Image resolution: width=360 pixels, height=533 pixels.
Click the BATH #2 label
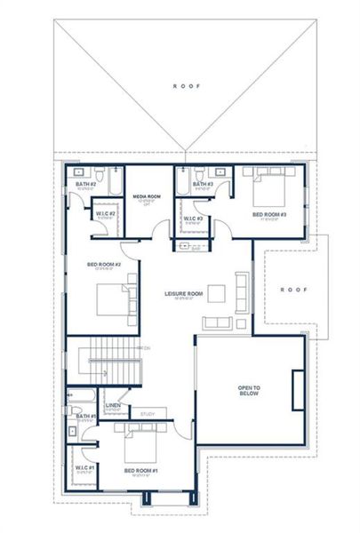point(85,184)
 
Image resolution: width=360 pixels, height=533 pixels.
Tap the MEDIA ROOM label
point(146,195)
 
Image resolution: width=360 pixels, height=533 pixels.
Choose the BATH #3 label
point(204,184)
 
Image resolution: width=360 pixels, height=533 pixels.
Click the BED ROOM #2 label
point(104,264)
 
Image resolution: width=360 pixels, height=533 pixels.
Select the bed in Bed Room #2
point(111,298)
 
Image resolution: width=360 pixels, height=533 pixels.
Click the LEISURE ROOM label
point(184,293)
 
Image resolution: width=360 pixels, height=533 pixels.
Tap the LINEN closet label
point(112,405)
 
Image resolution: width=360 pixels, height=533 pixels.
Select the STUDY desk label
point(148,413)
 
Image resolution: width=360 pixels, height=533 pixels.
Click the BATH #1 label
point(85,416)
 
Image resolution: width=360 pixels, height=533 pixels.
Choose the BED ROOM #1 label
point(140,470)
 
